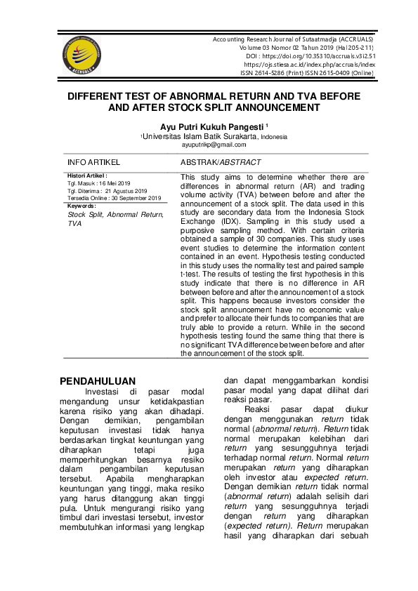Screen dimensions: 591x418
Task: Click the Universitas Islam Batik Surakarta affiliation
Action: tap(200, 136)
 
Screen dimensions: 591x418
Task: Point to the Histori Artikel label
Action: tap(87, 175)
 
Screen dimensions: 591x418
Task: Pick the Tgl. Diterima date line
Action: tap(107, 191)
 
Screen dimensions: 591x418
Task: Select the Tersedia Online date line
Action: tap(114, 198)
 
